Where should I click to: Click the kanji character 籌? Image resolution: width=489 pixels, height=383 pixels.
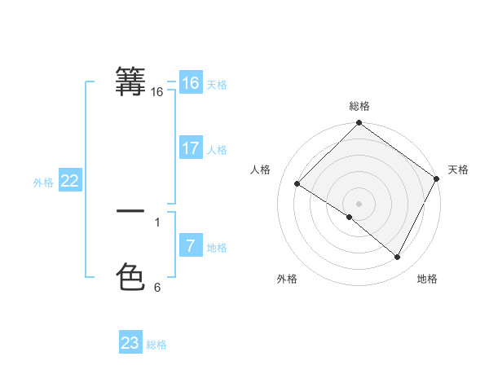click(x=130, y=81)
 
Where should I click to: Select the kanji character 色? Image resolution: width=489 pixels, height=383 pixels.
click(x=130, y=277)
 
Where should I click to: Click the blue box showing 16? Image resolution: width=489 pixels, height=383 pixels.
click(x=190, y=83)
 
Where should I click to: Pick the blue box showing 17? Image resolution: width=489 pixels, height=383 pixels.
click(x=190, y=148)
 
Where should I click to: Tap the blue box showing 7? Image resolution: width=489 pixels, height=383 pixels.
click(x=190, y=245)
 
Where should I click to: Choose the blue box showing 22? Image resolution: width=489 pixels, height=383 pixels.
click(x=69, y=182)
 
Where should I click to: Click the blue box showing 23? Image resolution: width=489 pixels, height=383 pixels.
click(x=130, y=343)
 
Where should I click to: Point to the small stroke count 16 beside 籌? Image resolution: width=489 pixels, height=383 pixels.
click(x=156, y=93)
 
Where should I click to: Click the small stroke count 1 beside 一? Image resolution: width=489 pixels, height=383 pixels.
click(x=157, y=222)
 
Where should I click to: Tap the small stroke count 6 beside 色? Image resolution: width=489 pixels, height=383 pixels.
click(x=157, y=288)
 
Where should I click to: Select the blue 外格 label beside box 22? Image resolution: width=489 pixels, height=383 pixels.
click(x=43, y=183)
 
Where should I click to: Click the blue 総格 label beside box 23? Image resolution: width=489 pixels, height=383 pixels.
click(x=156, y=345)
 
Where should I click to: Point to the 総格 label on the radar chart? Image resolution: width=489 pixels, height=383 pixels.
click(x=359, y=106)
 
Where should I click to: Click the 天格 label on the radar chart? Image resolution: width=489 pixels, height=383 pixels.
click(x=458, y=169)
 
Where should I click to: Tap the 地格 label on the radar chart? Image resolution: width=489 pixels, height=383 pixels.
click(x=427, y=279)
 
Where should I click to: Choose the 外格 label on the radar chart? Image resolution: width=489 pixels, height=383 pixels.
click(x=287, y=279)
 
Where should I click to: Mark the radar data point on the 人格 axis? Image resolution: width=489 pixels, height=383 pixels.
click(x=297, y=184)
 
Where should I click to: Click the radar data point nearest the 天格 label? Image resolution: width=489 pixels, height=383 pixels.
click(x=436, y=178)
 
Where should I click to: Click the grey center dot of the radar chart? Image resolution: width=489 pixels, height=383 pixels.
click(x=359, y=203)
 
